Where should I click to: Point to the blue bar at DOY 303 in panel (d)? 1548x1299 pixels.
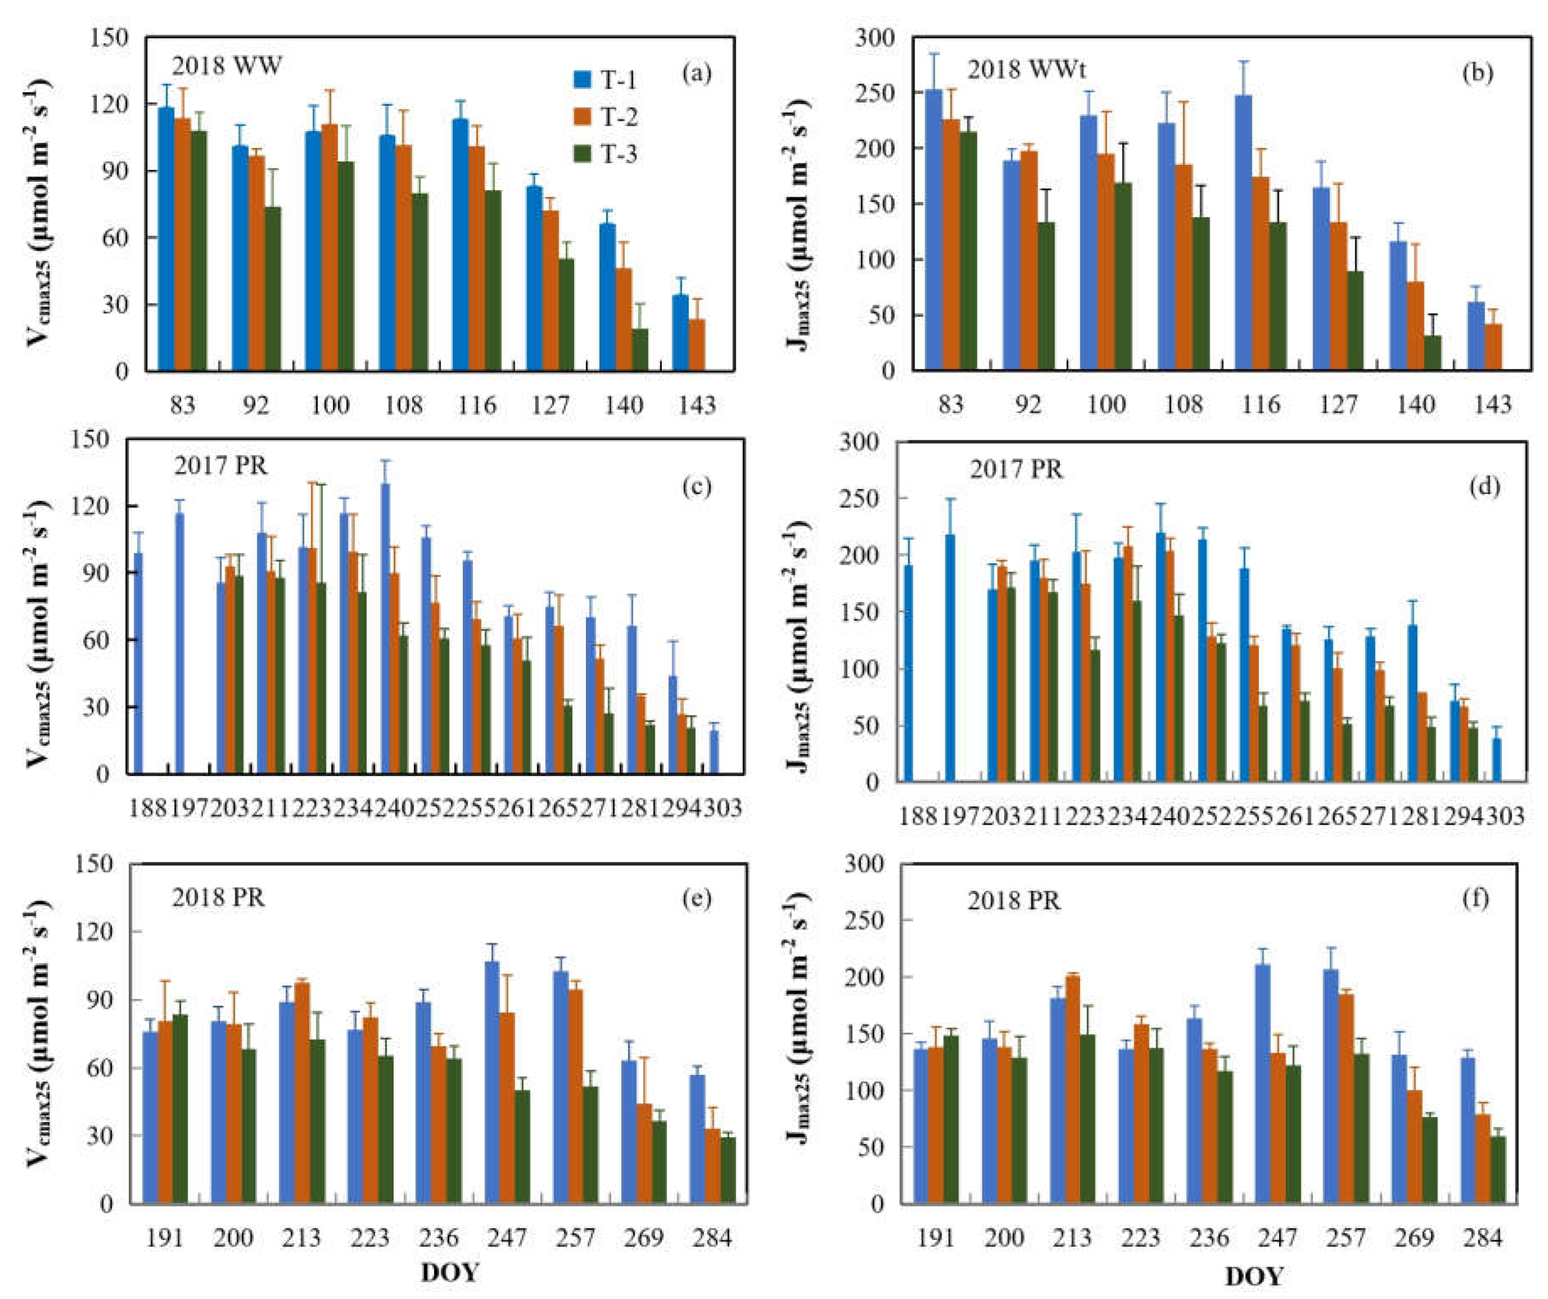(x=1497, y=760)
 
